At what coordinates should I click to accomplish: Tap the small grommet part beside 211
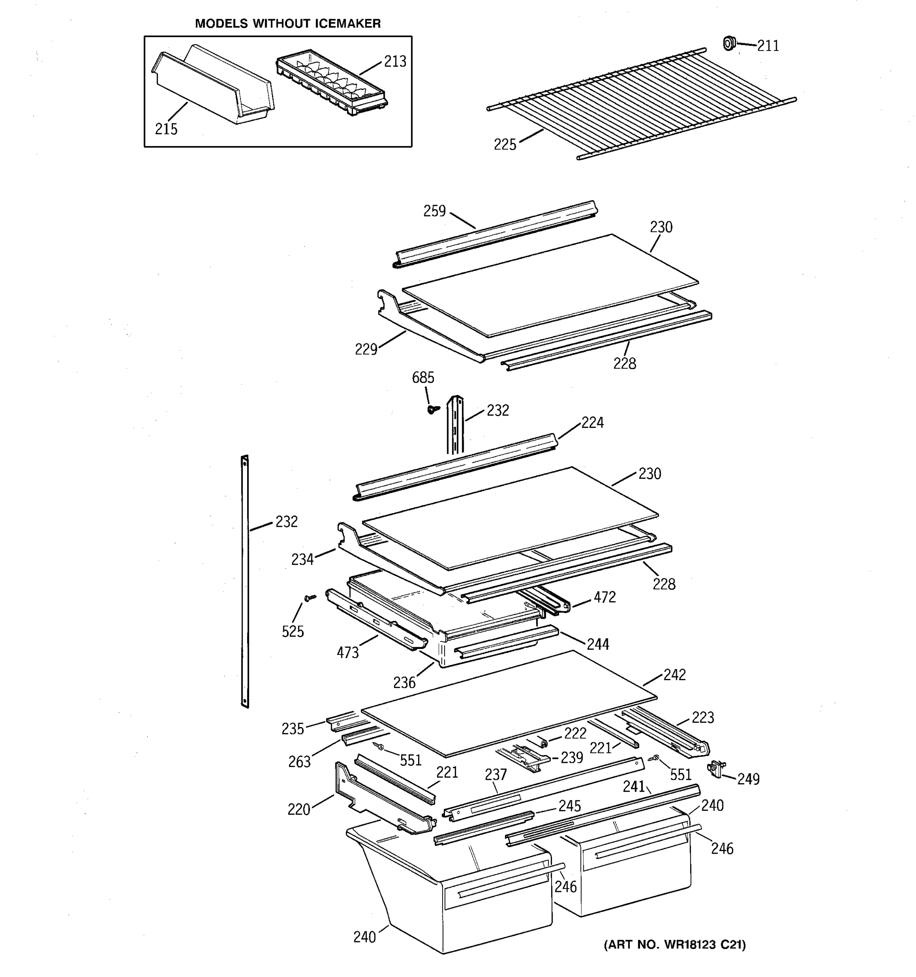[x=729, y=43]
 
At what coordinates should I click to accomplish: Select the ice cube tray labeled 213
[x=332, y=83]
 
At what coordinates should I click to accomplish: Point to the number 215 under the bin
[x=166, y=129]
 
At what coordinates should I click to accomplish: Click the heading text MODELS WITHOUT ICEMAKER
[x=288, y=24]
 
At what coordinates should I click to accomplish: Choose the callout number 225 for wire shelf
[x=505, y=145]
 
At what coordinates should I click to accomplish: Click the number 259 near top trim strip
[x=434, y=211]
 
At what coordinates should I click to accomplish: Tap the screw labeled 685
[x=433, y=409]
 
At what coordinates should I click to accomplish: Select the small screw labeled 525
[x=309, y=598]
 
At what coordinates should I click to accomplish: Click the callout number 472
[x=605, y=597]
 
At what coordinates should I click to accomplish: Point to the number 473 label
[x=347, y=653]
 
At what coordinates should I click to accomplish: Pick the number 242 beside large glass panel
[x=674, y=675]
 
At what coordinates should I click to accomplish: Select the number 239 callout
[x=572, y=758]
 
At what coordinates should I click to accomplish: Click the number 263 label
[x=299, y=762]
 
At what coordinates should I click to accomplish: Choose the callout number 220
[x=299, y=809]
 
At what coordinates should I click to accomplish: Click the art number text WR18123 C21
[x=704, y=944]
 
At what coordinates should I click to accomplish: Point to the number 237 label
[x=495, y=775]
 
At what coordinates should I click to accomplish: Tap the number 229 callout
[x=366, y=349]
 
